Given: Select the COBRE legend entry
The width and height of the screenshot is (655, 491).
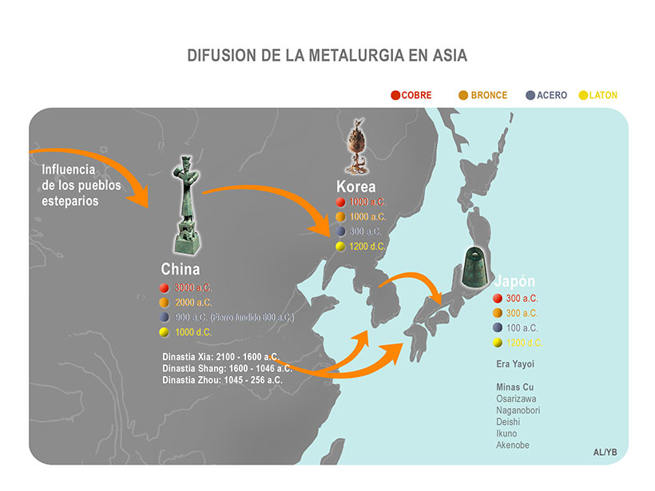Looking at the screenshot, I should click(416, 96).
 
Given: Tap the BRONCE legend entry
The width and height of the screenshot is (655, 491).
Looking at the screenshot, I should click(488, 96).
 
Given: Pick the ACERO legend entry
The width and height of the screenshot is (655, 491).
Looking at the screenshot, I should click(552, 96).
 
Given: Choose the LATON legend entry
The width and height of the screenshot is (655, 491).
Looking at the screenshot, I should click(603, 96).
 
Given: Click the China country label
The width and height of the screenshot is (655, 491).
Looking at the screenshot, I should click(181, 270).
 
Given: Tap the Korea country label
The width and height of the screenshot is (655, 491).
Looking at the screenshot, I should click(356, 187).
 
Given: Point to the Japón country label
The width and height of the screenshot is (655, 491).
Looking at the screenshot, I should click(514, 282).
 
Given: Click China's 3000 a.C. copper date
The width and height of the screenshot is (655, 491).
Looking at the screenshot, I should click(193, 287).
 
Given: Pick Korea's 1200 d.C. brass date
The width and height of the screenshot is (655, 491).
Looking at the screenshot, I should click(367, 246).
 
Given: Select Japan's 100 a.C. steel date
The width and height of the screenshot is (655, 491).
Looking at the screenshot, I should click(522, 327).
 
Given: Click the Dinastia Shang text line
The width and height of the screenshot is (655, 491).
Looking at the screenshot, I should click(222, 367).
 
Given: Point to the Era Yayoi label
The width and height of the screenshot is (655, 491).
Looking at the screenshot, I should click(515, 364).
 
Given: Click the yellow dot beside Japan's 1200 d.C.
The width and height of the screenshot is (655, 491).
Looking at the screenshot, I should click(497, 343).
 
